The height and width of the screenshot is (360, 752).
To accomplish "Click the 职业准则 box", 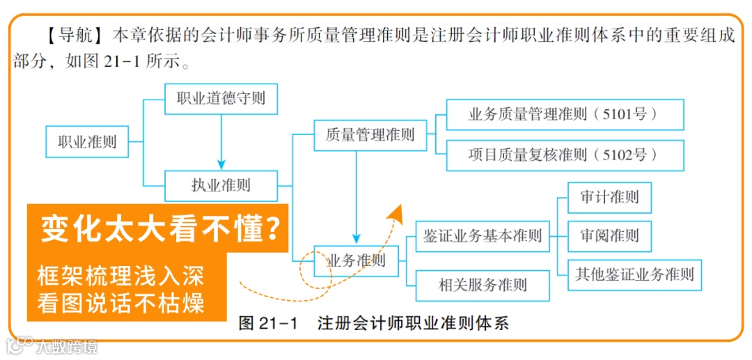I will [x=87, y=143].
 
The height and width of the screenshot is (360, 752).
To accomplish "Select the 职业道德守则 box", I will [x=221, y=99].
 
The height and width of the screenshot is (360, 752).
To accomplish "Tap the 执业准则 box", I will [x=221, y=186].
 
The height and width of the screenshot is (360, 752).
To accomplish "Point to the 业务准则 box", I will [x=356, y=261].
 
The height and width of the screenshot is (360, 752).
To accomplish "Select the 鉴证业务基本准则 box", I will [x=483, y=235].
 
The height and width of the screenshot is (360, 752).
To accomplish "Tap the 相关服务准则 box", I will [x=483, y=285].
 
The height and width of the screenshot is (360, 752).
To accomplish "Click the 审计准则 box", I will [x=609, y=197].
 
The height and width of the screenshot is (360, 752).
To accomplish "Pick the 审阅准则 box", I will [x=609, y=236].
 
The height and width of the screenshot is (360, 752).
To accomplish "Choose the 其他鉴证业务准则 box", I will [x=634, y=274].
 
